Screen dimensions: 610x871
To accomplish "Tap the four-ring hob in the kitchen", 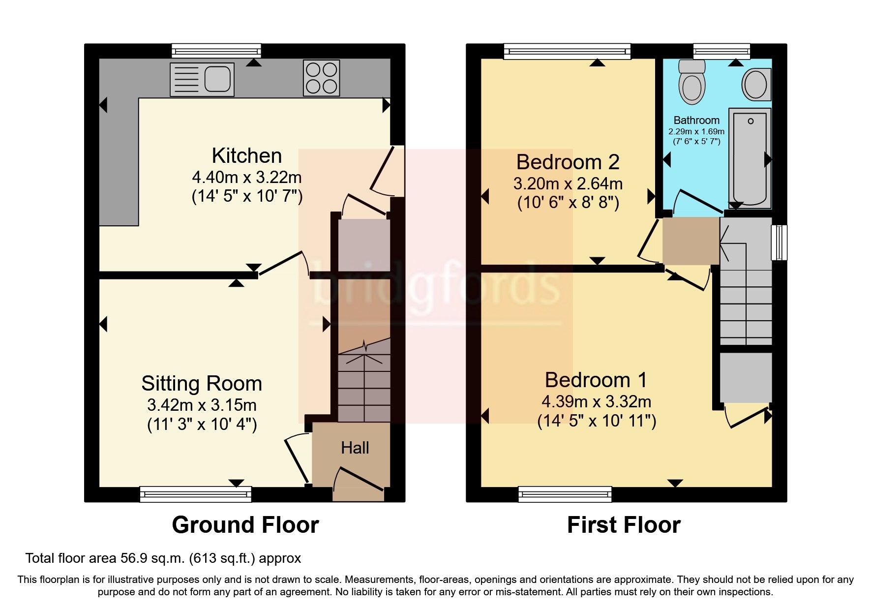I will pyautogui.click(x=321, y=78).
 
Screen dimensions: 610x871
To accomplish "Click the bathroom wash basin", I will pyautogui.click(x=756, y=85).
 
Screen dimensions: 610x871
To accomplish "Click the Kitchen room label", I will pyautogui.click(x=246, y=155).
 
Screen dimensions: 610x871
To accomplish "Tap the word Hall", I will pyautogui.click(x=355, y=448).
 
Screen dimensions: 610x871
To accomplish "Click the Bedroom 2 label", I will pyautogui.click(x=568, y=162).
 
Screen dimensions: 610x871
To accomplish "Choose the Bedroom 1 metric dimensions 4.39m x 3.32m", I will pyautogui.click(x=596, y=401).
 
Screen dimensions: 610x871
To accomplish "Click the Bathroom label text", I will pyautogui.click(x=696, y=120).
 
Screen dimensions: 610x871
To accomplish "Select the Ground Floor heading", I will pyautogui.click(x=245, y=525).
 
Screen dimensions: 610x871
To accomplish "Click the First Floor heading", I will pyautogui.click(x=623, y=525).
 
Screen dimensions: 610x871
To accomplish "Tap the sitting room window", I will pyautogui.click(x=195, y=493).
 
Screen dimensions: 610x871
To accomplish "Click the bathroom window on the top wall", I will pyautogui.click(x=721, y=51).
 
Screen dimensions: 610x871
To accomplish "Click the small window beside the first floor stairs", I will pyautogui.click(x=779, y=242).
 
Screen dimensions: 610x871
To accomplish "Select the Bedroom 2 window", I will pyautogui.click(x=567, y=51).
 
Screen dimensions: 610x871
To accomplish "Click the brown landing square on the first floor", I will pyautogui.click(x=691, y=241).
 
